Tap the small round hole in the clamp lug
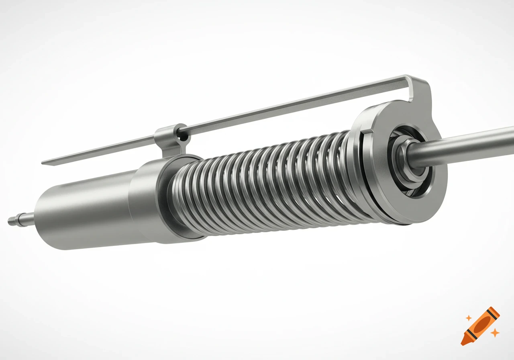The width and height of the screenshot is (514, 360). pos(184,137)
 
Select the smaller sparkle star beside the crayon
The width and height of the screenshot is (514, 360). pos(468,318)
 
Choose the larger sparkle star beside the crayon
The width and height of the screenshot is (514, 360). pos(496,333)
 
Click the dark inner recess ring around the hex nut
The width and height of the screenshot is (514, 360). pos(418,177)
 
